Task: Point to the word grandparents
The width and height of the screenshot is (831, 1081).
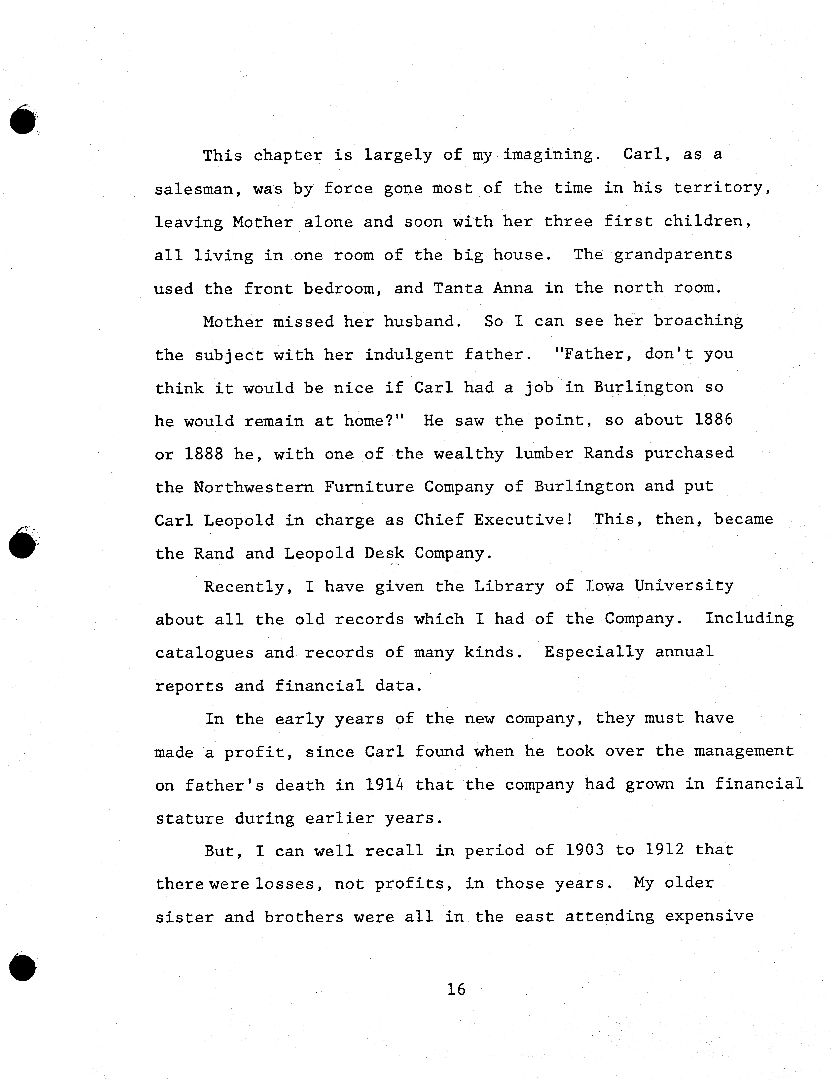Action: point(673,255)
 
